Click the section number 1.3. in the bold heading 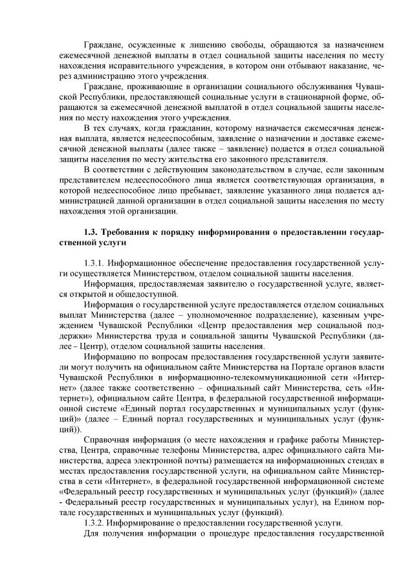[x=94, y=232]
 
